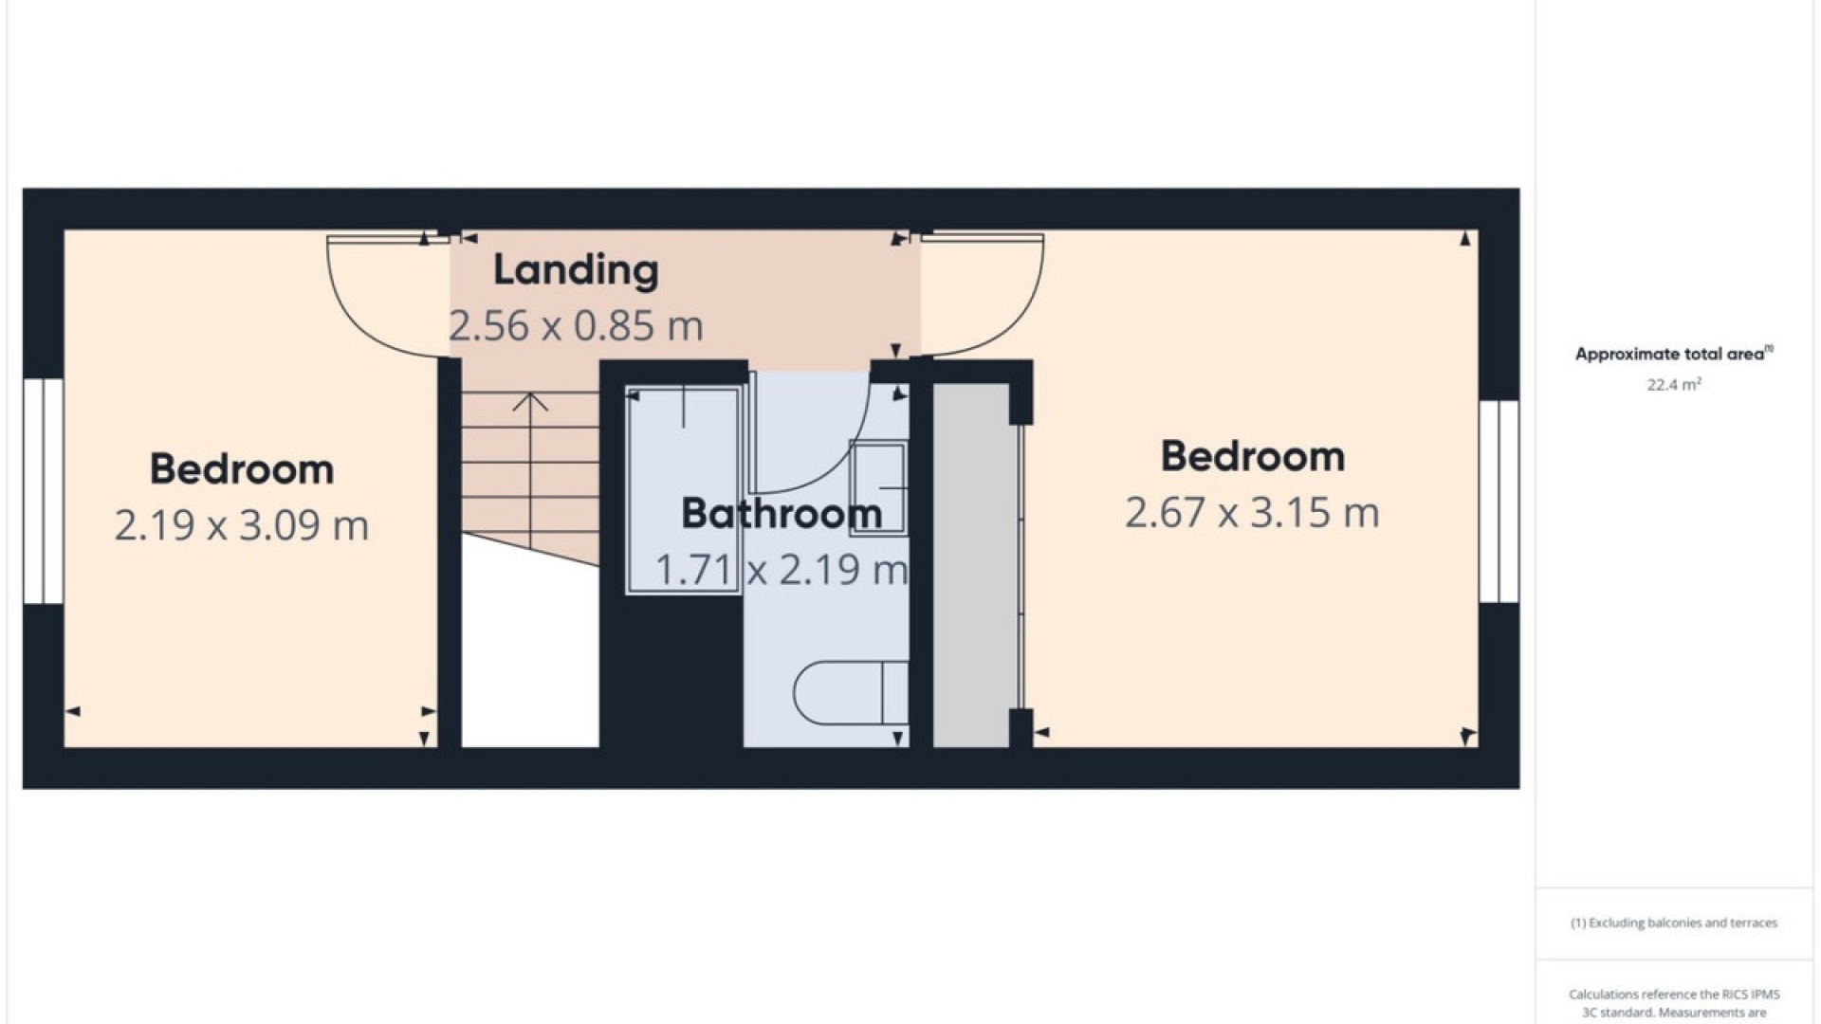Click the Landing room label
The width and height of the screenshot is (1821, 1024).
pyautogui.click(x=576, y=270)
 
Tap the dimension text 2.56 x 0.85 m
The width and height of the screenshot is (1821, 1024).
pyautogui.click(x=576, y=326)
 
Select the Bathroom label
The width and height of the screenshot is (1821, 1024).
pyautogui.click(x=782, y=514)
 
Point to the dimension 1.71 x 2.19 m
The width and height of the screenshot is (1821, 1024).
pyautogui.click(x=782, y=570)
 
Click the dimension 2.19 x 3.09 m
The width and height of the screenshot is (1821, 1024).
pyautogui.click(x=242, y=525)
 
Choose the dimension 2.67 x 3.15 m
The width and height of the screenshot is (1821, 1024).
pyautogui.click(x=1252, y=513)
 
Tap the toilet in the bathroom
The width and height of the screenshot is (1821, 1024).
pyautogui.click(x=850, y=692)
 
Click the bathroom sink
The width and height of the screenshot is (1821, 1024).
pyautogui.click(x=878, y=487)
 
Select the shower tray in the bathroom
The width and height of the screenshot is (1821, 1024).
pyautogui.click(x=683, y=490)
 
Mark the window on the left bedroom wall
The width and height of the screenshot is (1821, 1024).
pyautogui.click(x=43, y=491)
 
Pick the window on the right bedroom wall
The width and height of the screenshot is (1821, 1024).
pyautogui.click(x=1499, y=502)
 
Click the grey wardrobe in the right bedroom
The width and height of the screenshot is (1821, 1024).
pyautogui.click(x=971, y=565)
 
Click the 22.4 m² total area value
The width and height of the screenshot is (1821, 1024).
pyautogui.click(x=1674, y=384)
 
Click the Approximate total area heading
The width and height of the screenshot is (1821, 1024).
pyautogui.click(x=1674, y=354)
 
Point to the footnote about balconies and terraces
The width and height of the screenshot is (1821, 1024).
pyautogui.click(x=1674, y=923)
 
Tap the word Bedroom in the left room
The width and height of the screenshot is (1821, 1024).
pyautogui.click(x=242, y=469)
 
